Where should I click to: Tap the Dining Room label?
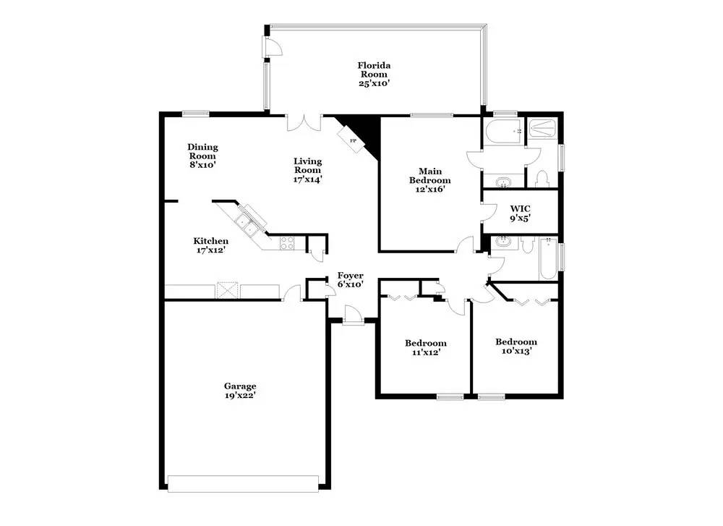point(202,151)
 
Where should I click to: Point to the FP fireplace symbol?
point(354,140)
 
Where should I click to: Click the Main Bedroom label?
point(429,175)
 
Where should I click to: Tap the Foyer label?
point(350,276)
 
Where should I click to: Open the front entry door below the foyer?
point(352,315)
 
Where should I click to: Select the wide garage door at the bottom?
point(243,483)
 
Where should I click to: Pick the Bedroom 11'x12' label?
point(425,347)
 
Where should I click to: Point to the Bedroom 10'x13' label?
point(515,347)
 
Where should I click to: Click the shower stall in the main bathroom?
point(542,130)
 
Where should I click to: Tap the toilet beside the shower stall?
point(542,177)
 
